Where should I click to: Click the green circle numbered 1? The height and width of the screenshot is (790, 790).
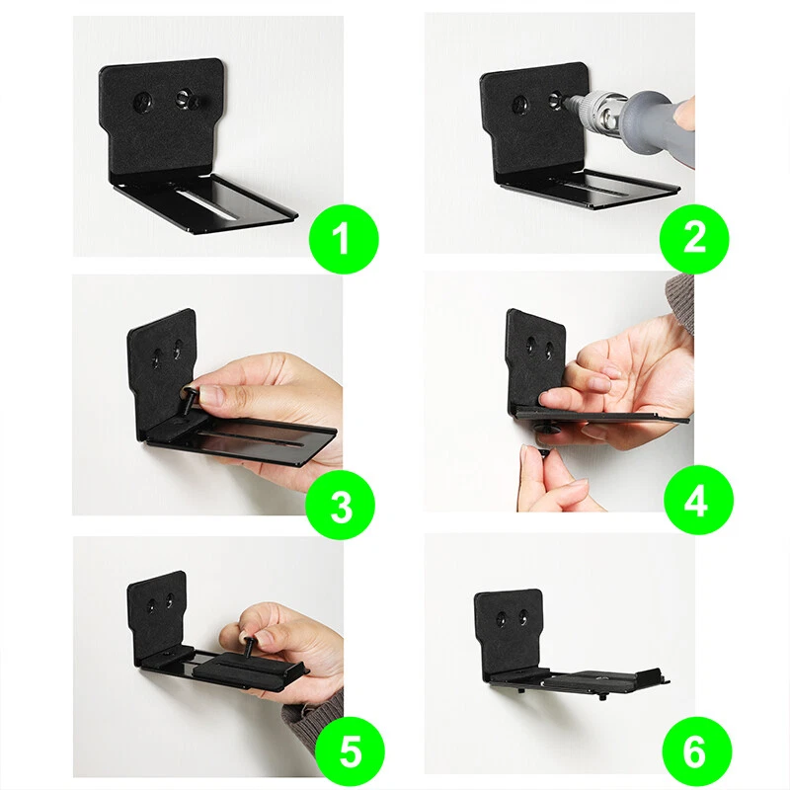pos(343,239)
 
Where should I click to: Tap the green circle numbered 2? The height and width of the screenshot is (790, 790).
pos(694,238)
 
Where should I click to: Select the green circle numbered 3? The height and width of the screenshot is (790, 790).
pos(341,506)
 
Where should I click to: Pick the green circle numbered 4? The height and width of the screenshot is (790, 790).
pos(698,501)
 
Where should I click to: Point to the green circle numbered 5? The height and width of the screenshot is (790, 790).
pos(351,752)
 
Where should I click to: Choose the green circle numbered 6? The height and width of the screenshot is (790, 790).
pos(697,752)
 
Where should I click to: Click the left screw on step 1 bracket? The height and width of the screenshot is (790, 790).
pos(143,104)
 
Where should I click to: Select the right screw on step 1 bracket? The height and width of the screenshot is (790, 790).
pos(185,100)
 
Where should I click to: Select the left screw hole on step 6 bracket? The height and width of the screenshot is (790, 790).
pos(502,618)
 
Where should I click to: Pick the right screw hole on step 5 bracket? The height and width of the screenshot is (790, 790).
pos(170,600)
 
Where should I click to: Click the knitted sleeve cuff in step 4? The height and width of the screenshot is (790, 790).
pos(679,304)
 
